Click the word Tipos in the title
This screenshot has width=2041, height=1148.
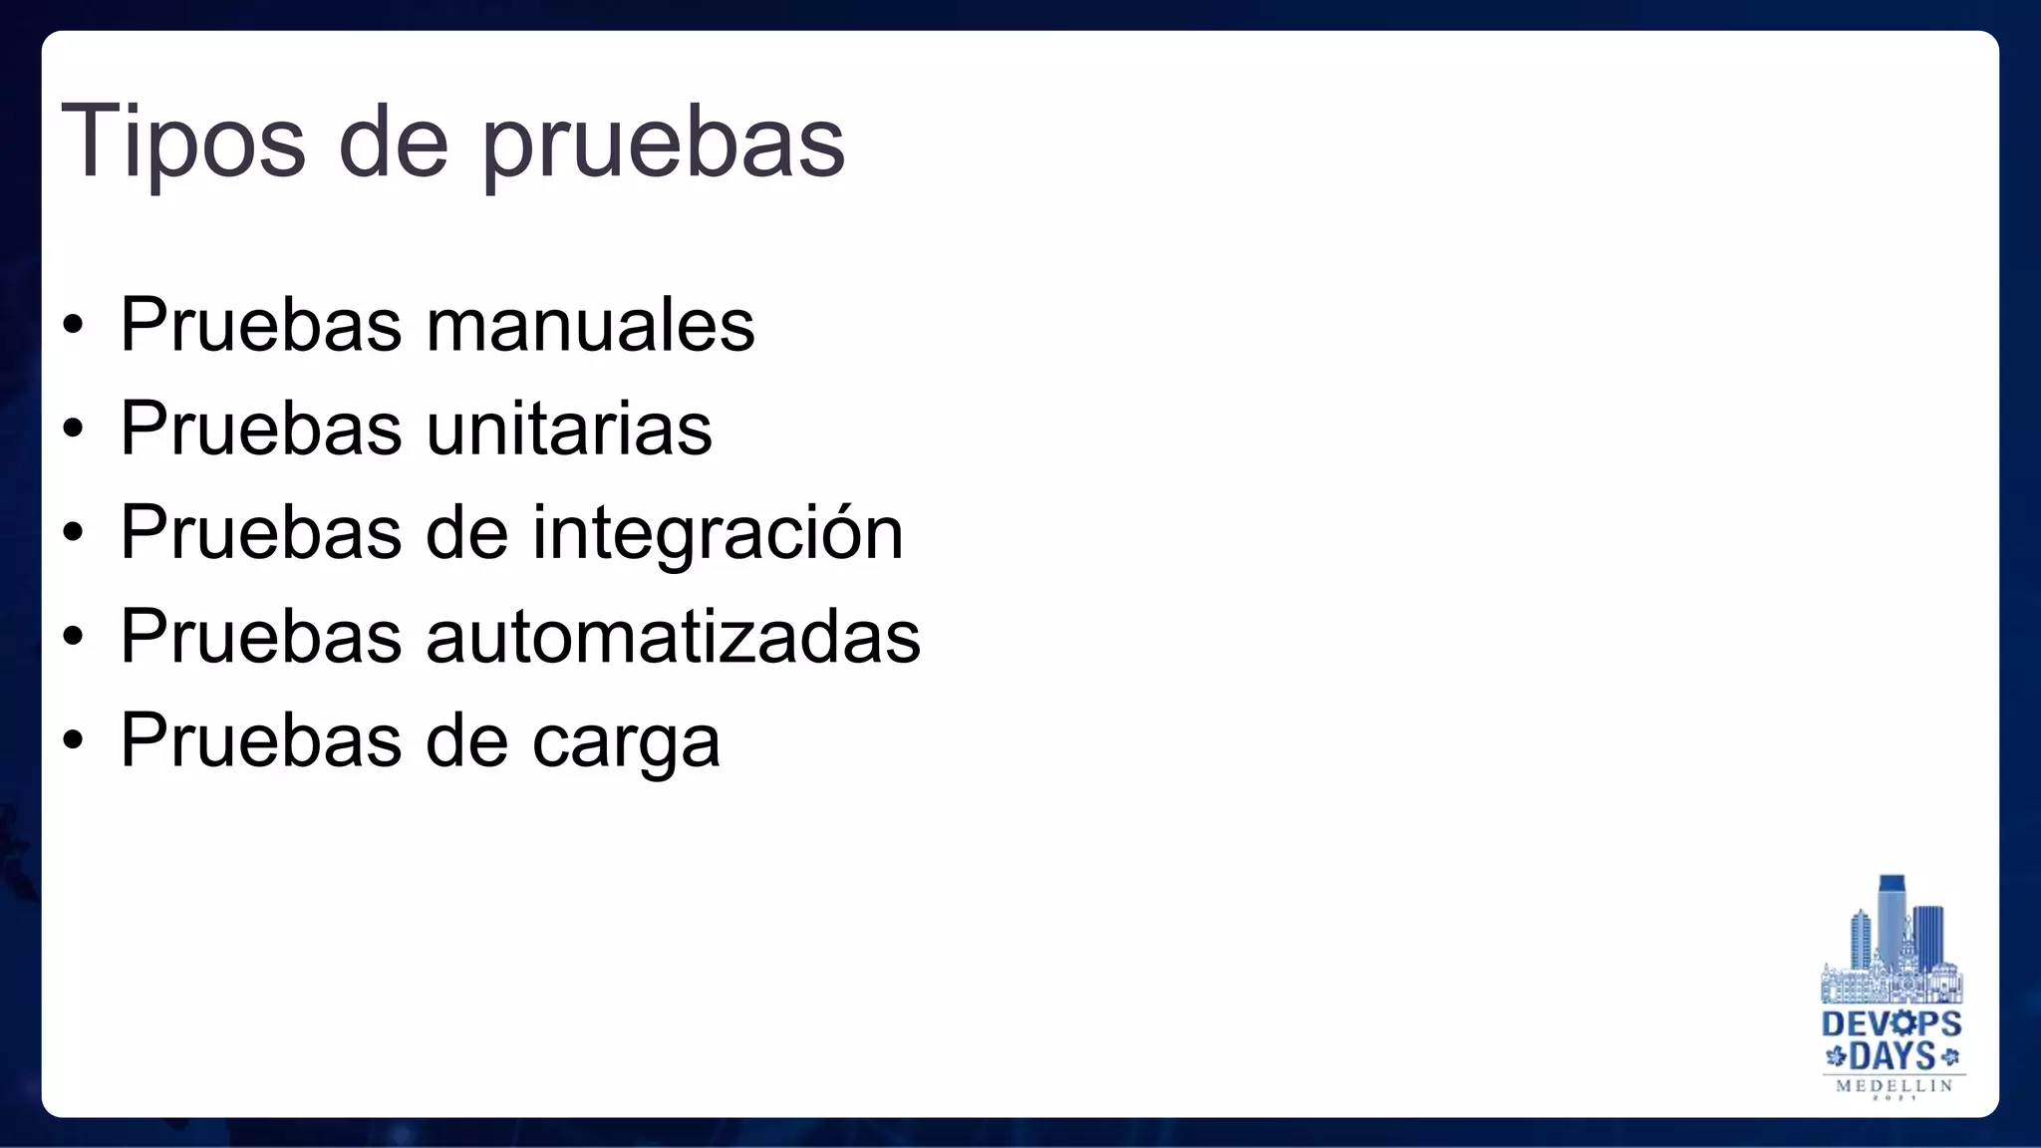(x=183, y=142)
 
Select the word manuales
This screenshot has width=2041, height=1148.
(x=590, y=325)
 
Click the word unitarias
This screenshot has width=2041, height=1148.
(x=569, y=429)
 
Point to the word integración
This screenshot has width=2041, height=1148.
(x=718, y=533)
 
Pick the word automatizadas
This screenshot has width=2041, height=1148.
(x=673, y=637)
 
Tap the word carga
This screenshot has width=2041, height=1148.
(x=626, y=742)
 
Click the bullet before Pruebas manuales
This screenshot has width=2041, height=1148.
(x=73, y=325)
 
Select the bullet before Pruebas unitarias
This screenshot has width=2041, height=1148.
(x=73, y=429)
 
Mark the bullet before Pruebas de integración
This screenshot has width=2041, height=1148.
(x=73, y=532)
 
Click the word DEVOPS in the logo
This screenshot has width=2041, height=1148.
(x=1892, y=1024)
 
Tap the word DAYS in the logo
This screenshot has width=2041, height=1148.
(x=1893, y=1056)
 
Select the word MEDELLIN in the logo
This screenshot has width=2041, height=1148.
(x=1895, y=1085)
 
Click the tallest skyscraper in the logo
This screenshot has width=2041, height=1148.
(x=1891, y=917)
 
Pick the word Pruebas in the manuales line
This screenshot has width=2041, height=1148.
(x=261, y=325)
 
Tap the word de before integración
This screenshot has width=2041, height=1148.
(x=466, y=533)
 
